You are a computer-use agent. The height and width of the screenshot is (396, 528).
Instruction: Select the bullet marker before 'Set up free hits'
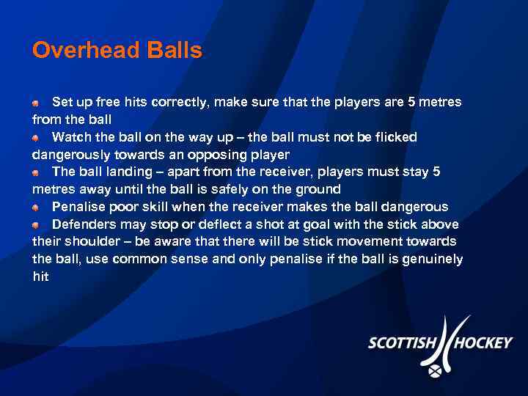[x=36, y=103]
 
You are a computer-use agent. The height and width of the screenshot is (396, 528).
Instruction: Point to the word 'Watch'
[x=72, y=137]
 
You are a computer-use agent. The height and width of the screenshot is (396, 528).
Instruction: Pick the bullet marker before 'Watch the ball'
[x=36, y=138]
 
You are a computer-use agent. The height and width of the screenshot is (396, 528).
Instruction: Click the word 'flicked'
[x=395, y=137]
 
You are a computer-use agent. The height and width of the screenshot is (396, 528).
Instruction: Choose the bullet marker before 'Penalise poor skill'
[x=36, y=208]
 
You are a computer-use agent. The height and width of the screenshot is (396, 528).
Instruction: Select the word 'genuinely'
[x=432, y=259]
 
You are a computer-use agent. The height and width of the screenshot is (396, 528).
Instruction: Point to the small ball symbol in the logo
[x=436, y=372]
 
